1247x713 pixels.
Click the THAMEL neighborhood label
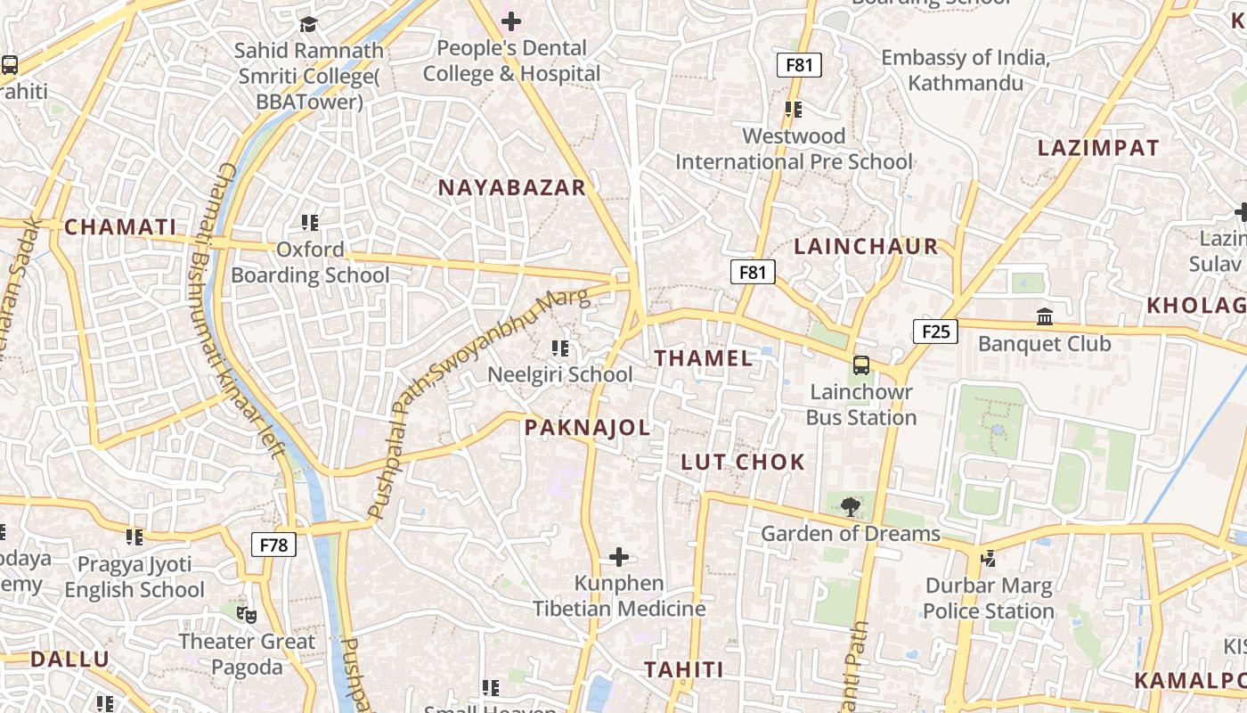point(704,358)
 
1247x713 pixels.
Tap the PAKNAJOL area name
point(587,428)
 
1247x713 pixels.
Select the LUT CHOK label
point(743,462)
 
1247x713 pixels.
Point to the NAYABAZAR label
point(512,187)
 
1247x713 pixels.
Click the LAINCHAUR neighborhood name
point(866,246)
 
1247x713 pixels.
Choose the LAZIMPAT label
point(1098,148)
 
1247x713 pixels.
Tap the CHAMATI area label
point(120,226)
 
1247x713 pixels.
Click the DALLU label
point(69,660)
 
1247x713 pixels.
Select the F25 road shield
point(935,332)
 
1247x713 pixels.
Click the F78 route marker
point(273,544)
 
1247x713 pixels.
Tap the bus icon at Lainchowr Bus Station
point(861,365)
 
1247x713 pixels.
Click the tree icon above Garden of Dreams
point(851,507)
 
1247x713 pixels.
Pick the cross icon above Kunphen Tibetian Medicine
point(619,558)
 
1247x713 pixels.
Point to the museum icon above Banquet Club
point(1045,316)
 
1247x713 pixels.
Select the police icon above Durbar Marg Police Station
point(988,559)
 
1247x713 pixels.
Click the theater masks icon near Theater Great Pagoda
point(247,614)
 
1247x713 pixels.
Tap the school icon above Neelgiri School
point(560,348)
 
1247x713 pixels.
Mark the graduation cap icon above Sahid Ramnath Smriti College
point(308,24)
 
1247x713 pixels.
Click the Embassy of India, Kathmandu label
point(965,70)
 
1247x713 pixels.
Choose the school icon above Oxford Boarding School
point(310,222)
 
